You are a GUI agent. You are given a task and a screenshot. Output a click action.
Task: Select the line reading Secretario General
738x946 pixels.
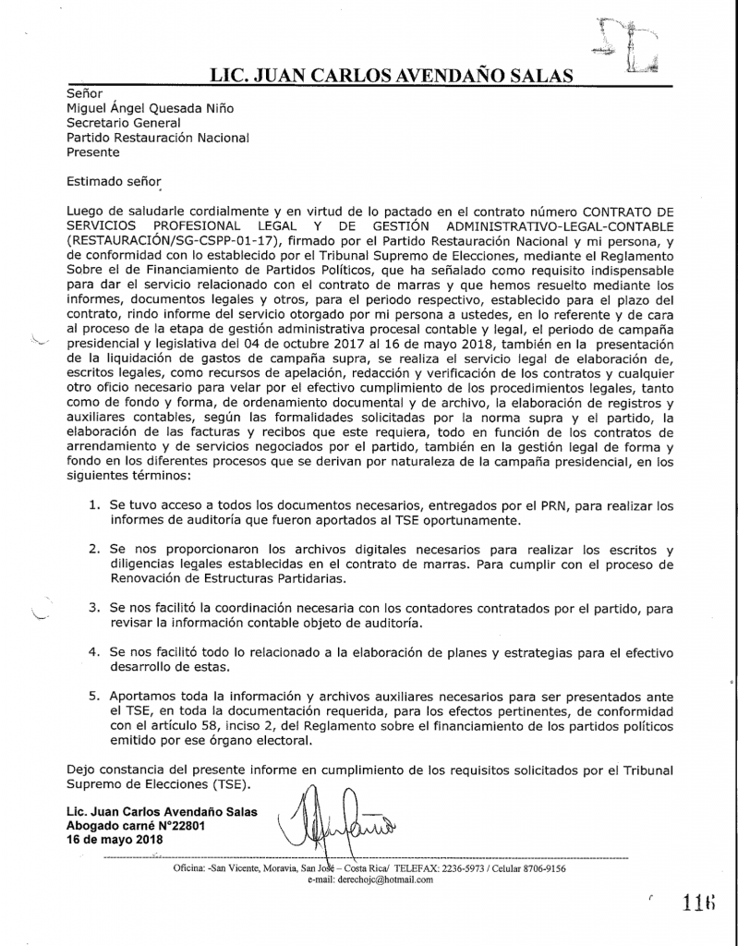[x=124, y=123]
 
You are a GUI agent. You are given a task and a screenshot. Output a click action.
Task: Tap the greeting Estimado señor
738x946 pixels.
[x=114, y=182]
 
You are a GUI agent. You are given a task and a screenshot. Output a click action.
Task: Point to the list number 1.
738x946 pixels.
[x=94, y=506]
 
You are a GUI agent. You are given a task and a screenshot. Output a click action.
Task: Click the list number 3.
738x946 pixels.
[x=94, y=610]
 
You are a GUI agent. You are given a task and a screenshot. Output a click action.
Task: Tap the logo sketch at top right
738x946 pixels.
[x=628, y=46]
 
